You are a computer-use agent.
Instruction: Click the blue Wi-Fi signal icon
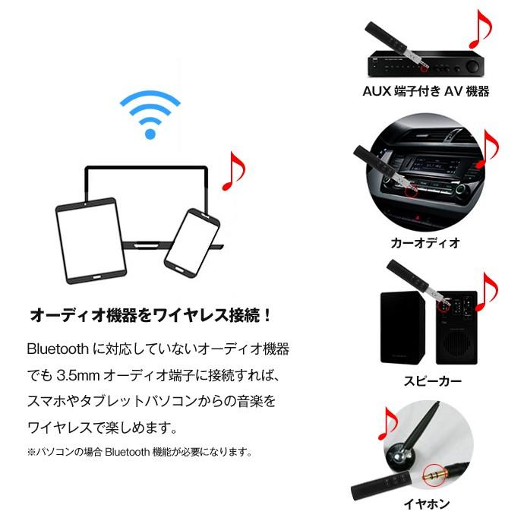tap(150, 115)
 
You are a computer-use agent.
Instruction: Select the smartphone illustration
tap(191, 240)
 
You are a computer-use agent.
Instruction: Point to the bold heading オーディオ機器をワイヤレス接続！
tap(150, 314)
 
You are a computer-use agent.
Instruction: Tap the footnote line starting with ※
tap(139, 452)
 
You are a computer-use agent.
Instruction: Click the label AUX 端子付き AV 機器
tap(425, 92)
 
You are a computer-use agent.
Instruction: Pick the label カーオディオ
tap(425, 243)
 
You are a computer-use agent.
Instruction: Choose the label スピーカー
tap(425, 382)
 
